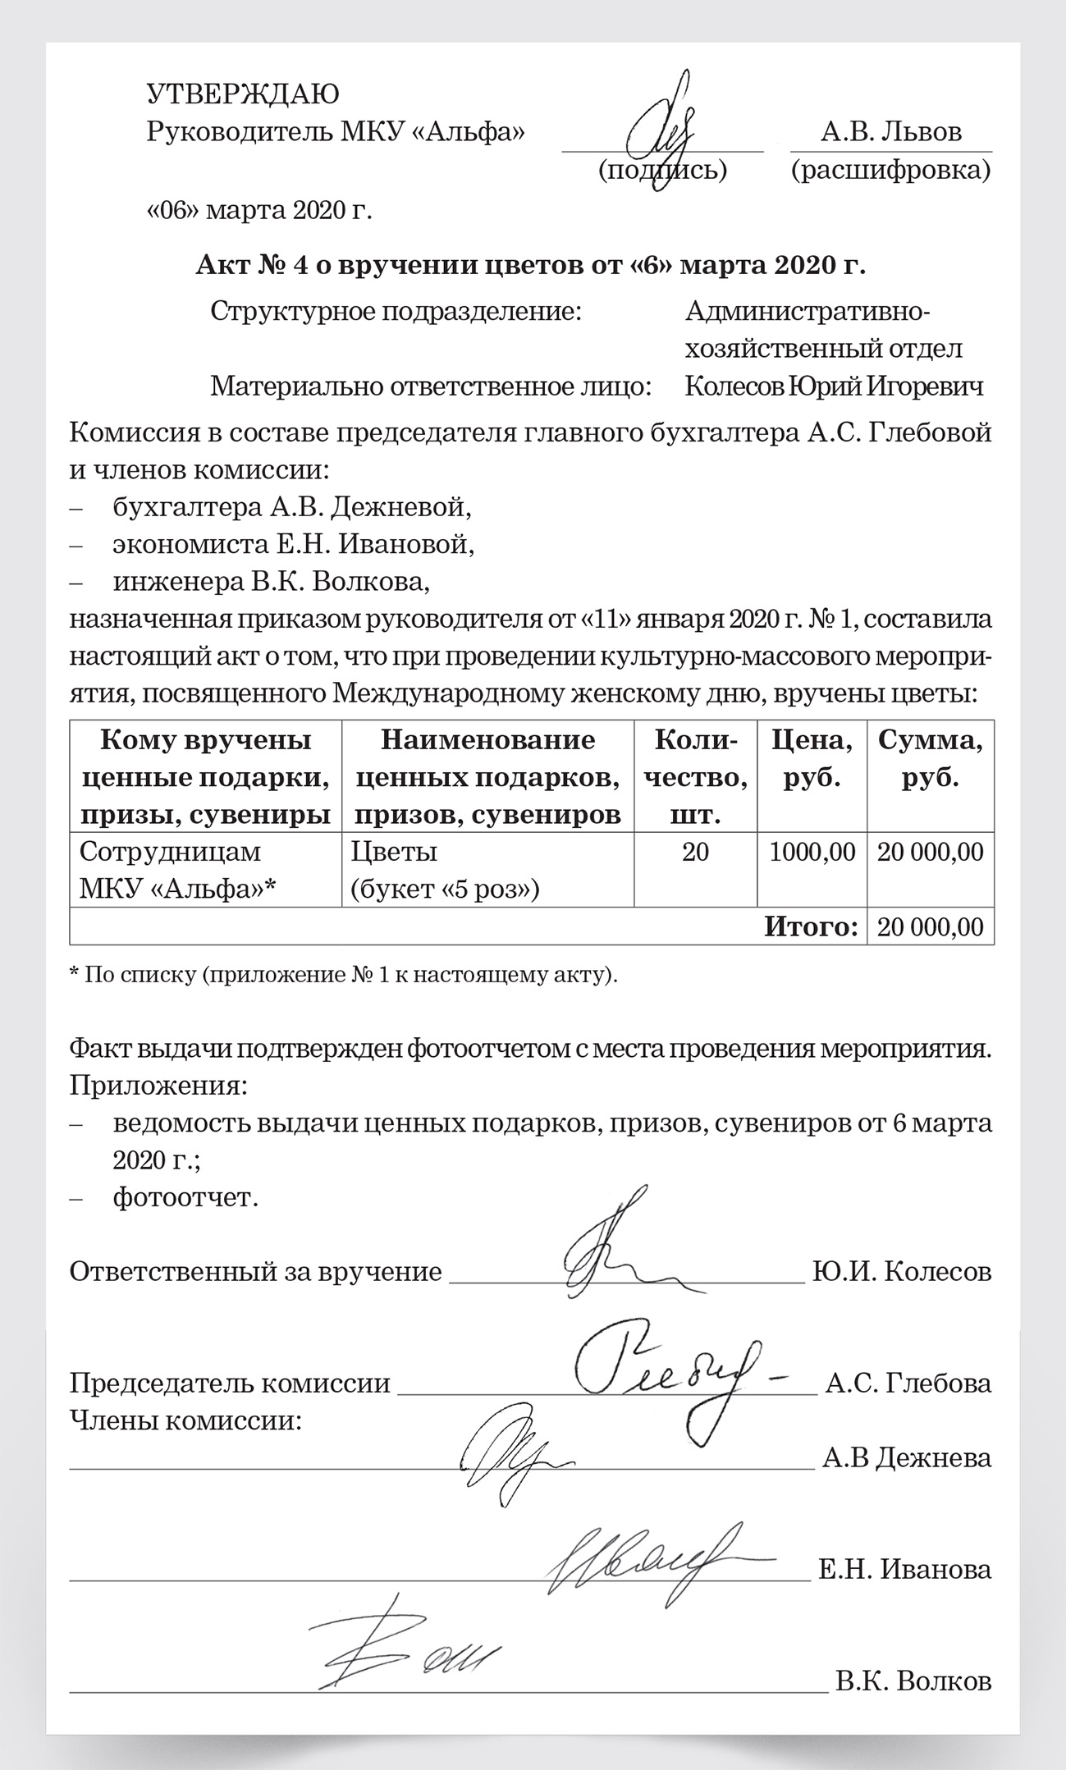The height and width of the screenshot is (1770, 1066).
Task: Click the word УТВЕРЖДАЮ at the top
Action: click(242, 94)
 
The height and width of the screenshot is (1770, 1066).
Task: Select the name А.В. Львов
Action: click(891, 131)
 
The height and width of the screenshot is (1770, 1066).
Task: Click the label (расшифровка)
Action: click(890, 170)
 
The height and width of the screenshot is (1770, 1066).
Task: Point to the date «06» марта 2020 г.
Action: click(259, 210)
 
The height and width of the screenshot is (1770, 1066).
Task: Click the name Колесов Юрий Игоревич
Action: click(834, 386)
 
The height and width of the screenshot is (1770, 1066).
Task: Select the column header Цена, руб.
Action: click(812, 759)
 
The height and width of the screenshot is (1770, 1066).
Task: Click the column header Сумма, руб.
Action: click(930, 759)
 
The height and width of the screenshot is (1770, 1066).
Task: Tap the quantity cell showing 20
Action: click(695, 852)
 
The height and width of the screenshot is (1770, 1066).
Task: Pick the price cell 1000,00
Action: click(812, 852)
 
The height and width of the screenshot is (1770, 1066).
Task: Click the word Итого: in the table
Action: click(811, 926)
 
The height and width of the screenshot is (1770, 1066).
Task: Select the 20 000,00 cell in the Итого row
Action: click(930, 927)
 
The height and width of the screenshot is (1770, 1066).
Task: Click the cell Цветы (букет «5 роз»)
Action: click(446, 870)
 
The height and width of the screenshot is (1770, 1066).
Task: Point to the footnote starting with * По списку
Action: click(344, 975)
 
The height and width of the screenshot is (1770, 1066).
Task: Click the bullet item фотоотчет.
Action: click(185, 1197)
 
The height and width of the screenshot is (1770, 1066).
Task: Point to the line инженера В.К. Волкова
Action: click(272, 582)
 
